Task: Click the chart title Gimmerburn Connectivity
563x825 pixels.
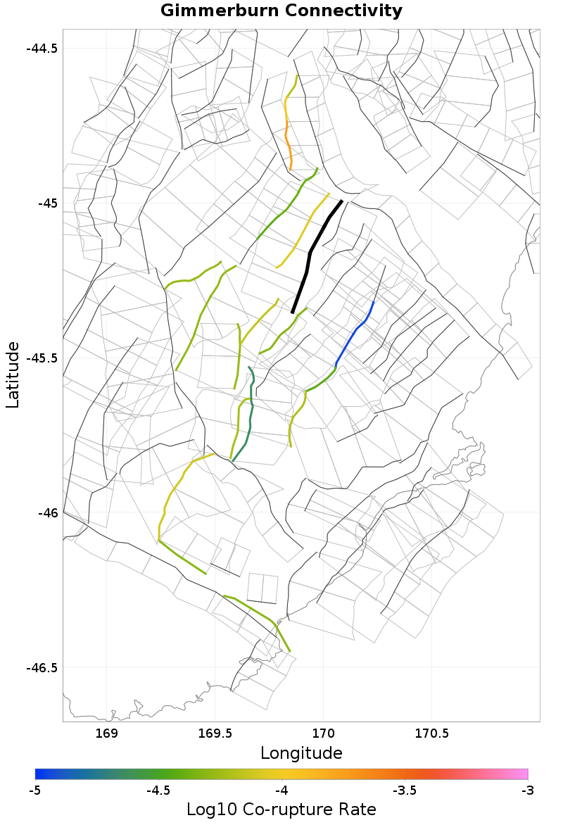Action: pos(281,11)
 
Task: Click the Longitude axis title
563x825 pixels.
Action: pos(301,753)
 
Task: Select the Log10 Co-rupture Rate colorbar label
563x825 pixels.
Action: pos(281,810)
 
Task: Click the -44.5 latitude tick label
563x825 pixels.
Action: pos(42,49)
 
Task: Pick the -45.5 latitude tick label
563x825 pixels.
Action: pos(42,358)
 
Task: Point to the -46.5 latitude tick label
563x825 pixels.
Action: pos(42,667)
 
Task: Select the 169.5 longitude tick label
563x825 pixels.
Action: pos(215,733)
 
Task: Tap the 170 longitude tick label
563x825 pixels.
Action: pos(323,733)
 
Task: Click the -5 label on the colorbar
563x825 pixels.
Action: pos(35,791)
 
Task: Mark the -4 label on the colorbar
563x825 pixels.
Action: pos(281,791)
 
